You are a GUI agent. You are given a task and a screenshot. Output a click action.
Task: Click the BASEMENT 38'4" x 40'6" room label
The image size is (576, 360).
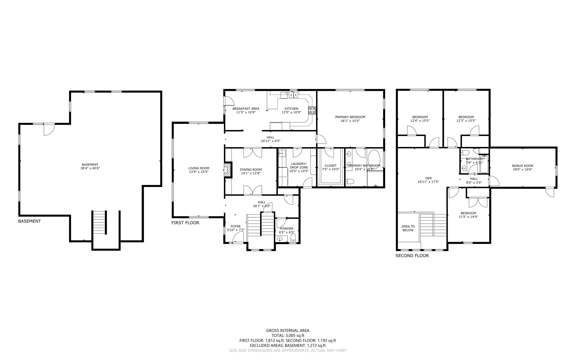click(x=90, y=166)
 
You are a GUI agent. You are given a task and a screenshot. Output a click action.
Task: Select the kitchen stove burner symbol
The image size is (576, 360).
click(x=312, y=110)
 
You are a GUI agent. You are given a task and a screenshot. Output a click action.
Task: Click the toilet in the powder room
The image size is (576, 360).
click(x=293, y=239)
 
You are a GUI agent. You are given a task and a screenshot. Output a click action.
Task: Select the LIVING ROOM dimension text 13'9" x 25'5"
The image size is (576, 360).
click(x=199, y=172)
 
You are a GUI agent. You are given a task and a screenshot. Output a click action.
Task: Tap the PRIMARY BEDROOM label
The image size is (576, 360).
click(x=350, y=117)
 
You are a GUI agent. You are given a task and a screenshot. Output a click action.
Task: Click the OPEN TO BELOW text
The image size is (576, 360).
click(x=408, y=228)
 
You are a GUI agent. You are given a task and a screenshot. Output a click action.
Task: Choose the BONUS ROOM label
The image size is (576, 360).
click(x=522, y=166)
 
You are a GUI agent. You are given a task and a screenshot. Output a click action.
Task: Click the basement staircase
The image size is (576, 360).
click(x=99, y=222)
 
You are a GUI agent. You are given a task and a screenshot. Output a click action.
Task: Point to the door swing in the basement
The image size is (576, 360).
click(x=49, y=129)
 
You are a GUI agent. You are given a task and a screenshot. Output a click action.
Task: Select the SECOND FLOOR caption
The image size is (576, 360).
click(x=412, y=256)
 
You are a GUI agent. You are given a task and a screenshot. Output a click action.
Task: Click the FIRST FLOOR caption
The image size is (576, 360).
click(x=185, y=223)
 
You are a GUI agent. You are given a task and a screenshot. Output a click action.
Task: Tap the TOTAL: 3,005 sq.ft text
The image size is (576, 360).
click(x=288, y=336)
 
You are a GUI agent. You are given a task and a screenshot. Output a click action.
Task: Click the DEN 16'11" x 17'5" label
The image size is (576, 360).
click(x=428, y=180)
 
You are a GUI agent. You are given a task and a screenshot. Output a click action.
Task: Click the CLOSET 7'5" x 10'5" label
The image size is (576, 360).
click(x=330, y=167)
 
